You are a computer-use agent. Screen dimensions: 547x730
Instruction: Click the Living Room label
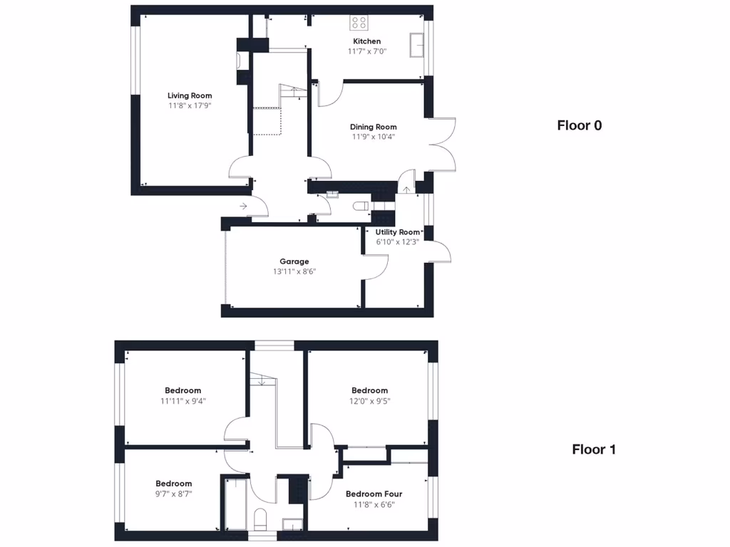click(190, 95)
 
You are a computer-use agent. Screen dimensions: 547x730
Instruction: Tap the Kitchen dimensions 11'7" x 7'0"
click(366, 51)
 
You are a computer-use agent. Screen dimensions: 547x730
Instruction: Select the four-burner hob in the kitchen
click(359, 23)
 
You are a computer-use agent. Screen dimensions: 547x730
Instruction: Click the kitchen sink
click(417, 45)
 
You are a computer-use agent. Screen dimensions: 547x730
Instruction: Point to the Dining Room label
click(373, 127)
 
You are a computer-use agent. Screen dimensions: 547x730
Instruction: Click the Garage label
click(294, 261)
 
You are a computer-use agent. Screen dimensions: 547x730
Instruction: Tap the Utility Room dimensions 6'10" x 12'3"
click(397, 241)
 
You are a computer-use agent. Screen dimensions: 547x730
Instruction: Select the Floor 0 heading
click(579, 125)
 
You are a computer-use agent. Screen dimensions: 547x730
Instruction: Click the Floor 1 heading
click(594, 449)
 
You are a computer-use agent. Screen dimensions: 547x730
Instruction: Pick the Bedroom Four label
click(374, 494)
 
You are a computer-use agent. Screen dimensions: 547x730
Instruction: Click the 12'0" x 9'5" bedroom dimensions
click(370, 400)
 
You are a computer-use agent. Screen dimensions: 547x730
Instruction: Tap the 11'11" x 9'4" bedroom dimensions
click(182, 400)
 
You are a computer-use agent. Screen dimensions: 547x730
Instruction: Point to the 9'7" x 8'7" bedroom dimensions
click(173, 493)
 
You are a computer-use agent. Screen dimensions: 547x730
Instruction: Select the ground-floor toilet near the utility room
click(360, 207)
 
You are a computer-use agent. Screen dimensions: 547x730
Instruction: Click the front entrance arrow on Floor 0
click(243, 206)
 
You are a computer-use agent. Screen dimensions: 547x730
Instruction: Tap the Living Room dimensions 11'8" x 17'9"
click(190, 105)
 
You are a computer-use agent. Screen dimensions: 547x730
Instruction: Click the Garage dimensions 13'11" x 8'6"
click(294, 271)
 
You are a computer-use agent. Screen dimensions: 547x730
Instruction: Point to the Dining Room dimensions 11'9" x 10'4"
click(373, 137)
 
